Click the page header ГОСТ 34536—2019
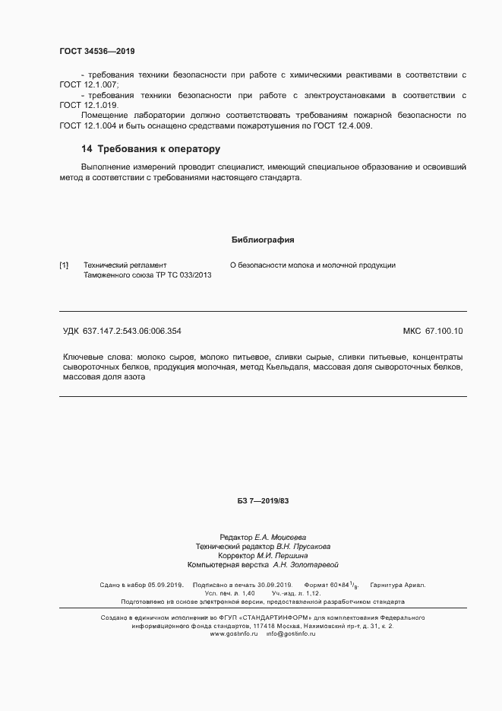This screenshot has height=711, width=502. pyautogui.click(x=96, y=51)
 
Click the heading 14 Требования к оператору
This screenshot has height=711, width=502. pyautogui.click(x=150, y=149)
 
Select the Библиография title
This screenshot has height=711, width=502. pyautogui.click(x=262, y=240)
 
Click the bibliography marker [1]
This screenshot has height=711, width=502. pyautogui.click(x=64, y=265)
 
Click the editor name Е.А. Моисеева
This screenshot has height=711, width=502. pyautogui.click(x=280, y=537)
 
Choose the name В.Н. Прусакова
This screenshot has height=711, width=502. pyautogui.click(x=303, y=546)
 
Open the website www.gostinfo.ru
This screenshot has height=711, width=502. pyautogui.click(x=235, y=633)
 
